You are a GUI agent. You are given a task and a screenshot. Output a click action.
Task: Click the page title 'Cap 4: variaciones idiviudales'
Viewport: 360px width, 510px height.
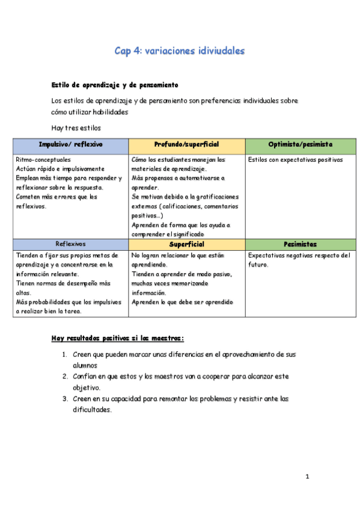(180, 51)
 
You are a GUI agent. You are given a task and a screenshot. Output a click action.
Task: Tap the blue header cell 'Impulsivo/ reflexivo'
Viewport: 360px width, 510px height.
(70, 146)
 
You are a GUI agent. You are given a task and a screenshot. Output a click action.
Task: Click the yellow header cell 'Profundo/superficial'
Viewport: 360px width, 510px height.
(186, 146)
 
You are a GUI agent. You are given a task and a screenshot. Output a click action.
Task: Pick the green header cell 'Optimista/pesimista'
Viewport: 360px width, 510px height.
(301, 146)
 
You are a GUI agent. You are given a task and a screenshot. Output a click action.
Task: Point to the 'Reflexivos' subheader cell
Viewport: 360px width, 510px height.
(70, 244)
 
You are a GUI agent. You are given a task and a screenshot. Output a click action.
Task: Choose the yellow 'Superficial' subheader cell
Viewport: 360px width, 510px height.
(186, 244)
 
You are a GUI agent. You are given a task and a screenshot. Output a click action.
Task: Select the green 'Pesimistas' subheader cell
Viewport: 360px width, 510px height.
(301, 244)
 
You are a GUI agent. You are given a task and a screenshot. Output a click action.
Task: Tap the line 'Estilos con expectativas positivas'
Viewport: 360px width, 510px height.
(295, 160)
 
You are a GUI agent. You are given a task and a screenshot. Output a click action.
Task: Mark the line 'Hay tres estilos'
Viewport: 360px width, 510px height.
(76, 127)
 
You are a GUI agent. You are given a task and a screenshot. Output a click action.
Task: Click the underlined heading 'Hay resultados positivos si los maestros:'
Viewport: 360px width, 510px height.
(118, 338)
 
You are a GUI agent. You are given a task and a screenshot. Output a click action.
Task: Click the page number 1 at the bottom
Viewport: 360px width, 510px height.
(307, 477)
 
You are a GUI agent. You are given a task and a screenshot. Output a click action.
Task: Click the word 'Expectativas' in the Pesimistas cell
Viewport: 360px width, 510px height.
(267, 255)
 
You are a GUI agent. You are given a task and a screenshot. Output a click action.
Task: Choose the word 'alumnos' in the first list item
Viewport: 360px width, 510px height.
(85, 366)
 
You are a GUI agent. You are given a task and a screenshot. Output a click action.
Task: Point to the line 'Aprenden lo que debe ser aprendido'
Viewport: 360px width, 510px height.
(182, 302)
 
